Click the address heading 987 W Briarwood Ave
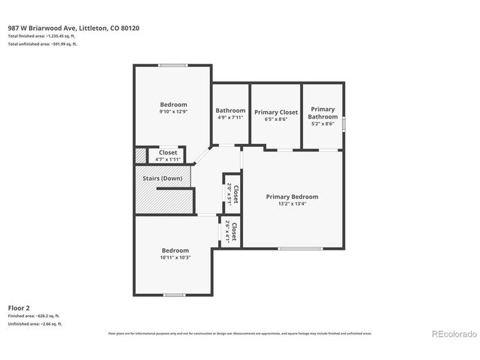[73, 28]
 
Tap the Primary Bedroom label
[292, 196]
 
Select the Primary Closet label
[276, 112]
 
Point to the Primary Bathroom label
[323, 112]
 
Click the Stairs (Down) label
[162, 178]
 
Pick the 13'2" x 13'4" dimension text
[292, 204]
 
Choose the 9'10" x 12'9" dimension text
[173, 112]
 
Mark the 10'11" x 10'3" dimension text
[175, 257]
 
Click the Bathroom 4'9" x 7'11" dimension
[230, 118]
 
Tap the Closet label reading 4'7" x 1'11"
[168, 159]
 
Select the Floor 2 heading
[19, 307]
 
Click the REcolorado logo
[452, 334]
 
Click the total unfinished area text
[43, 44]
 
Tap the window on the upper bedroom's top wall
[172, 65]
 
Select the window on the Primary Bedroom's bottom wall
[300, 248]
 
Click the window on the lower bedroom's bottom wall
[174, 295]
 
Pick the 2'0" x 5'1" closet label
[231, 194]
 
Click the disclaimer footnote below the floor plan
[240, 333]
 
